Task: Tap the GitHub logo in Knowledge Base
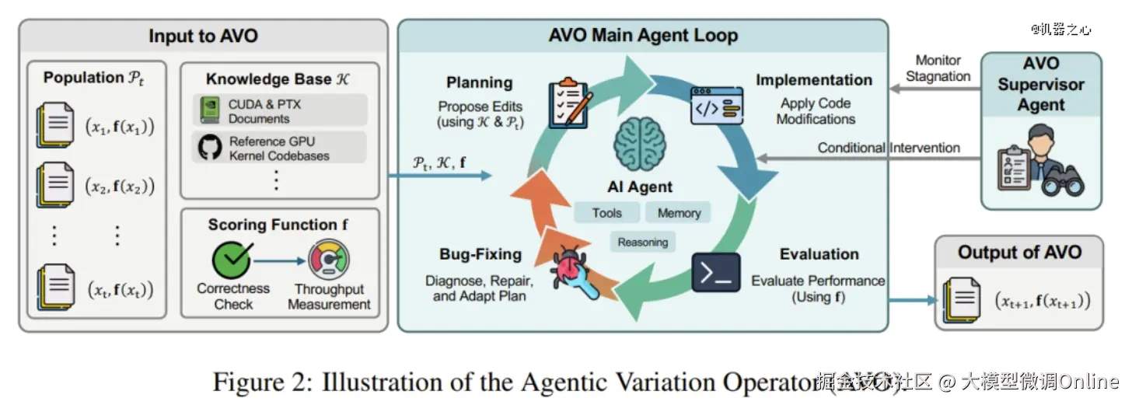(209, 148)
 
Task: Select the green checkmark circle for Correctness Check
(232, 260)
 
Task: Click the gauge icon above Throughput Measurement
(329, 260)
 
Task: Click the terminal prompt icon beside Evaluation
(715, 272)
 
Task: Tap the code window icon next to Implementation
(716, 106)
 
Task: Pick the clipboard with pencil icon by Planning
(569, 103)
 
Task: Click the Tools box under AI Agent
(606, 213)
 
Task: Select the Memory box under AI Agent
(679, 213)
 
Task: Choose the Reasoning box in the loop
(642, 243)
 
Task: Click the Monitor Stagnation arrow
(933, 89)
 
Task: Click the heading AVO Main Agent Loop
(643, 35)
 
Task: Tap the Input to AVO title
(203, 36)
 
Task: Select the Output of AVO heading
(1019, 252)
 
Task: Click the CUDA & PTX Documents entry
(280, 111)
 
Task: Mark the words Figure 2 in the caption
(258, 382)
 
